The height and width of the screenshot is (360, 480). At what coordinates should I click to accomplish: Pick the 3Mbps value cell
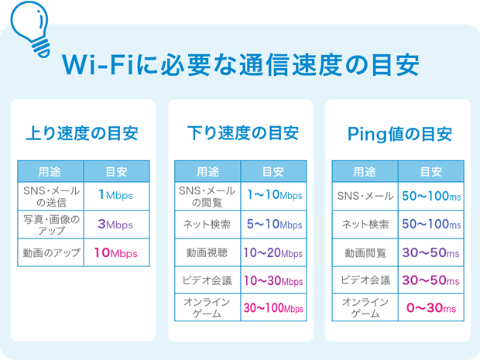[115, 225]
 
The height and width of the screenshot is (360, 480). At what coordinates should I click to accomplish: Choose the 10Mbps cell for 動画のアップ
[115, 253]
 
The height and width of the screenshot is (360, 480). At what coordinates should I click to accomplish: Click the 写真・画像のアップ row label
[51, 225]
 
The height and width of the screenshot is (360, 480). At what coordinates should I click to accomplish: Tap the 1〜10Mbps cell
[273, 197]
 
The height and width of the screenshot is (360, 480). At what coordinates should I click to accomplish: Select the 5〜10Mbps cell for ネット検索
[273, 225]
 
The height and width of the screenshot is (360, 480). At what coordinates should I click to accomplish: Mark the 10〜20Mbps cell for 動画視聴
[273, 253]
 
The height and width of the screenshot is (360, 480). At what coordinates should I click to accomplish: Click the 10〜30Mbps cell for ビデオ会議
[273, 280]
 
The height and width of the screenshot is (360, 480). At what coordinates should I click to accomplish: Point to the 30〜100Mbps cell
[273, 308]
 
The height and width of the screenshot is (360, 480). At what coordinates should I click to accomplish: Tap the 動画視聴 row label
[208, 253]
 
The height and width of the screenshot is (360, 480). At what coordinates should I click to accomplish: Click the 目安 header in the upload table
[115, 171]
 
